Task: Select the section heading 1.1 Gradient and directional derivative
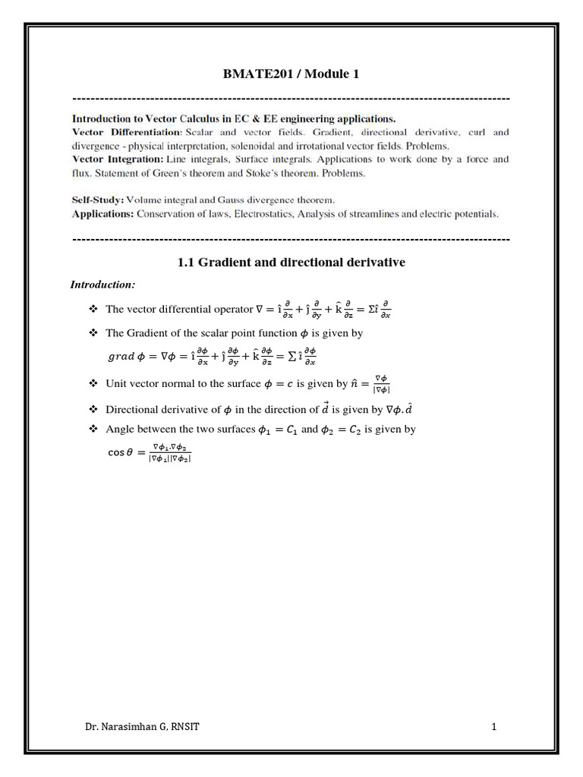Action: [291, 262]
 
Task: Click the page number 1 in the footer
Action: [493, 728]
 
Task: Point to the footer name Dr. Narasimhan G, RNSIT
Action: [143, 728]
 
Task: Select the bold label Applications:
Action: [102, 214]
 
